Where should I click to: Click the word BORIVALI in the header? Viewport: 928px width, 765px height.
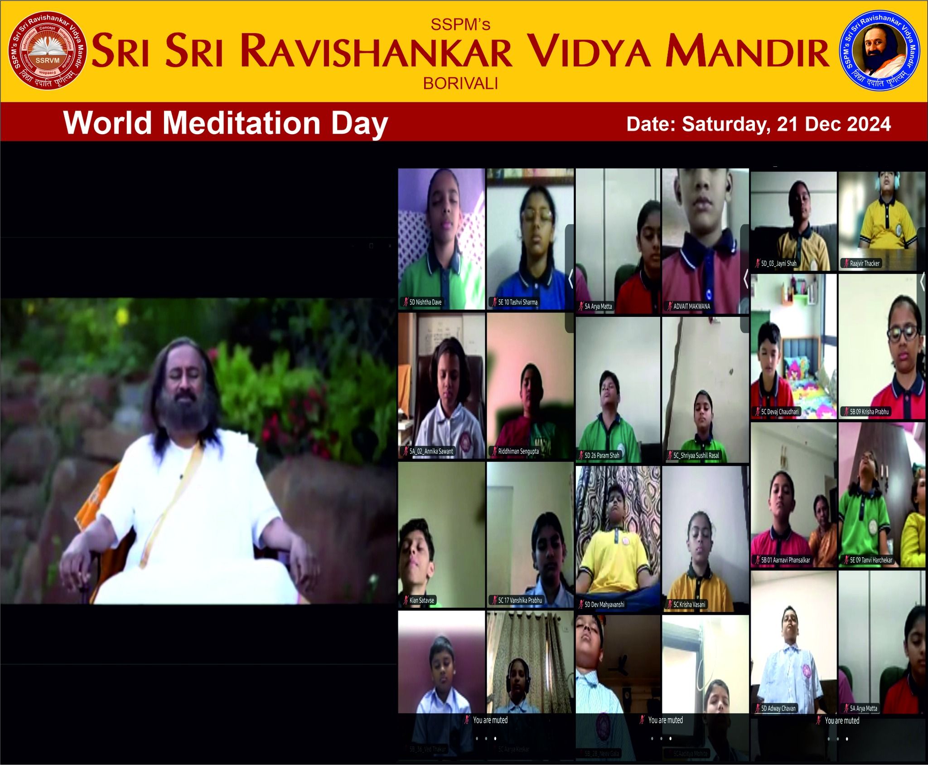tap(460, 83)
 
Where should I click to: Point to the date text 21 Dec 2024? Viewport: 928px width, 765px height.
tap(834, 124)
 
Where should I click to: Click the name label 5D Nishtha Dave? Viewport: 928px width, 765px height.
tap(425, 302)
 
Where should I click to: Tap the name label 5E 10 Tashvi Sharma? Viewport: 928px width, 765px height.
tap(517, 302)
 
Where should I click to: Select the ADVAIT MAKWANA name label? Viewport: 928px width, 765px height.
tap(691, 307)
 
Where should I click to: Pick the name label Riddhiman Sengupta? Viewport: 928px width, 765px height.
tap(518, 451)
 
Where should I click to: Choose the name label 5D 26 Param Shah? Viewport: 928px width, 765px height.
tap(601, 455)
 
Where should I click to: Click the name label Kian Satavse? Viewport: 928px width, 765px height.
tap(421, 600)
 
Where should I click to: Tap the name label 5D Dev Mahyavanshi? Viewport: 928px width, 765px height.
tap(604, 604)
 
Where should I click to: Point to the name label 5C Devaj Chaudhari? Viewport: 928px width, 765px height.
tap(779, 412)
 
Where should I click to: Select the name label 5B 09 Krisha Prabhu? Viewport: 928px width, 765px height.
tap(869, 412)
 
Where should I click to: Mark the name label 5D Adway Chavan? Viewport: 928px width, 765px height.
tap(778, 708)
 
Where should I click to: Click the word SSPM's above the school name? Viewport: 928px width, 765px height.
tap(460, 24)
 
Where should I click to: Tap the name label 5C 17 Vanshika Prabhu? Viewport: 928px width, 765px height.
tap(519, 600)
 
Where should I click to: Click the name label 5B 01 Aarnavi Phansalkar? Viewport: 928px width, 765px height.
tap(785, 560)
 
